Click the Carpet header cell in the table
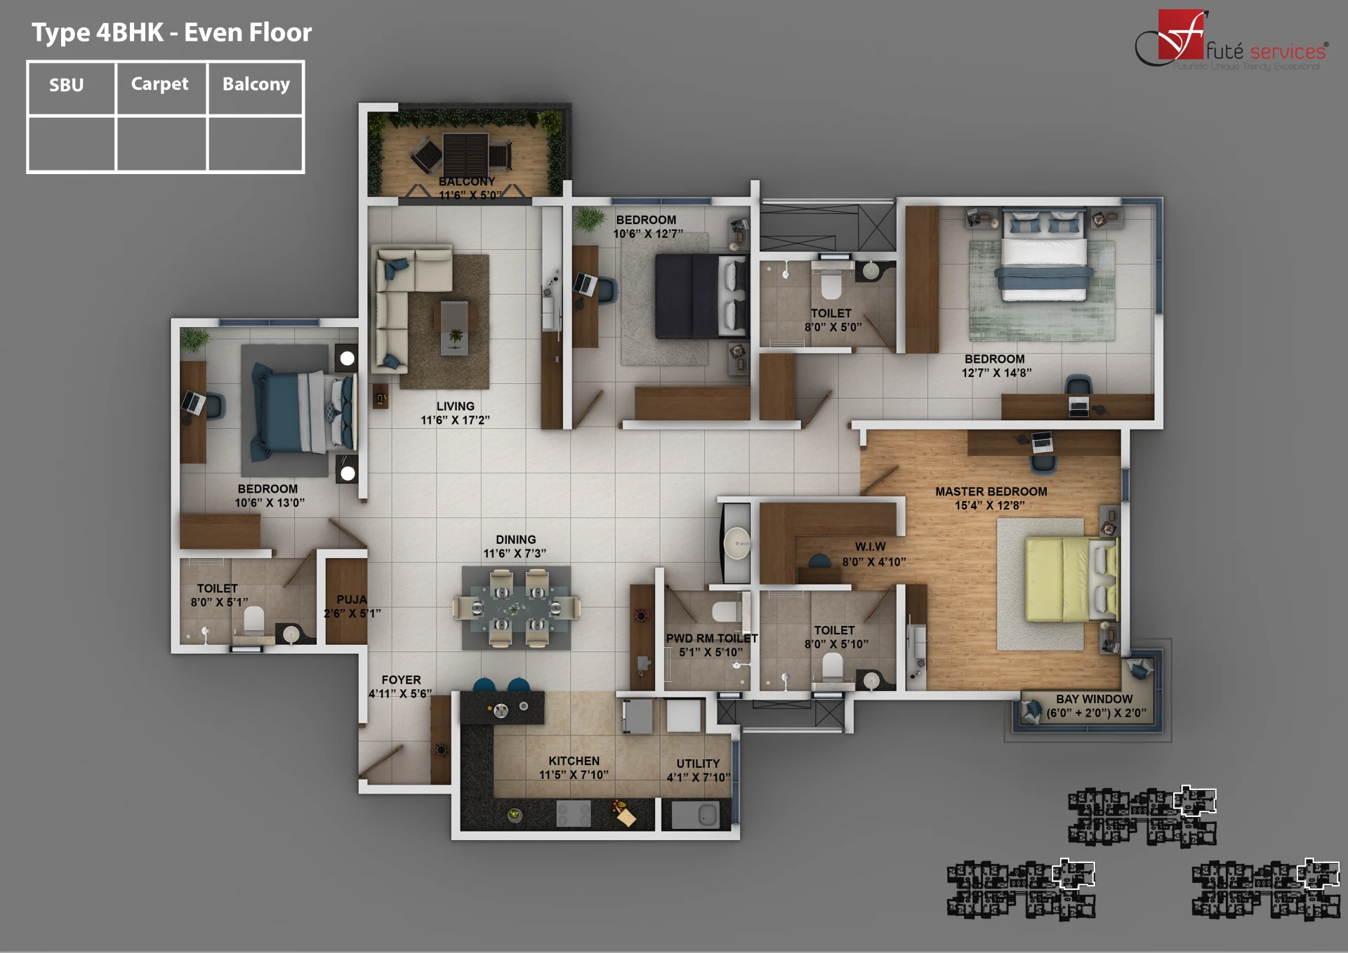[160, 84]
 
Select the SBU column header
[67, 86]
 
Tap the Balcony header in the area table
[256, 84]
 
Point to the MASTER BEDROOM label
[991, 492]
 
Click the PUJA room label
[351, 599]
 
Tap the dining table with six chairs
[516, 608]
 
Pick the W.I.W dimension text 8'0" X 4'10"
[873, 561]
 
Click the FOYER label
[401, 680]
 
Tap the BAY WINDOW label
[1094, 699]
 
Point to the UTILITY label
[698, 764]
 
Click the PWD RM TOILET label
[711, 639]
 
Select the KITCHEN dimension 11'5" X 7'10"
[573, 775]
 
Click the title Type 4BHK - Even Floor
[171, 32]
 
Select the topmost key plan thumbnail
[1142, 816]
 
